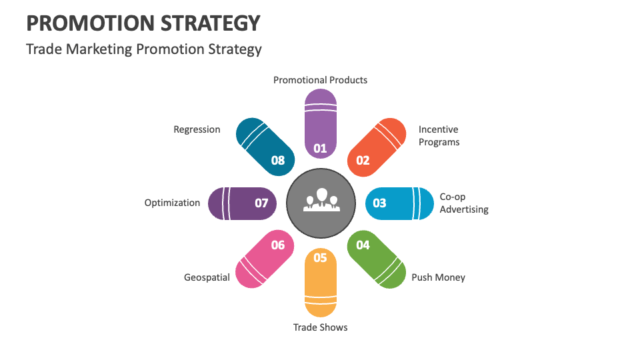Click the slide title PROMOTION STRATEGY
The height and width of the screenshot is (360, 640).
pyautogui.click(x=143, y=23)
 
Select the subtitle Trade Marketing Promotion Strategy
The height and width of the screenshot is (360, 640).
pyautogui.click(x=143, y=49)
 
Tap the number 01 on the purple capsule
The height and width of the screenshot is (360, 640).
pyautogui.click(x=321, y=148)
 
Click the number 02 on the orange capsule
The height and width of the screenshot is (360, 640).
pyautogui.click(x=363, y=160)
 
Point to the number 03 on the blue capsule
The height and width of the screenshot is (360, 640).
pyautogui.click(x=379, y=203)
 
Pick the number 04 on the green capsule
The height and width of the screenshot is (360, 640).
pyautogui.click(x=363, y=245)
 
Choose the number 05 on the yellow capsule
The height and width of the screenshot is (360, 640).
pyautogui.click(x=321, y=258)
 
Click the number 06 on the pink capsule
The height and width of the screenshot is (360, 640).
pyautogui.click(x=278, y=245)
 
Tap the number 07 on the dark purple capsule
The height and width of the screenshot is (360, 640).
pyautogui.click(x=261, y=203)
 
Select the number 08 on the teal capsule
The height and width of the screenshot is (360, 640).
pyautogui.click(x=278, y=160)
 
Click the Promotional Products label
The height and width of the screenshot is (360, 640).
pyautogui.click(x=320, y=80)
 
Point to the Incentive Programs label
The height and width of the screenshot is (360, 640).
pyautogui.click(x=439, y=136)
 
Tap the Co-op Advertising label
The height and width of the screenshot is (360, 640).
pyautogui.click(x=463, y=203)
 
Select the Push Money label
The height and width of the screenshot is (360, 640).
pyautogui.click(x=438, y=277)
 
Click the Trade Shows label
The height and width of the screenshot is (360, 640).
pyautogui.click(x=320, y=327)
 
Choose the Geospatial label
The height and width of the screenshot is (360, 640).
pyautogui.click(x=207, y=277)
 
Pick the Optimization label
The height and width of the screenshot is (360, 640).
pyautogui.click(x=172, y=203)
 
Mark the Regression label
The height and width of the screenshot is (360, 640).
pyautogui.click(x=197, y=129)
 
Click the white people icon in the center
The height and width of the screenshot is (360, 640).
pyautogui.click(x=321, y=201)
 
